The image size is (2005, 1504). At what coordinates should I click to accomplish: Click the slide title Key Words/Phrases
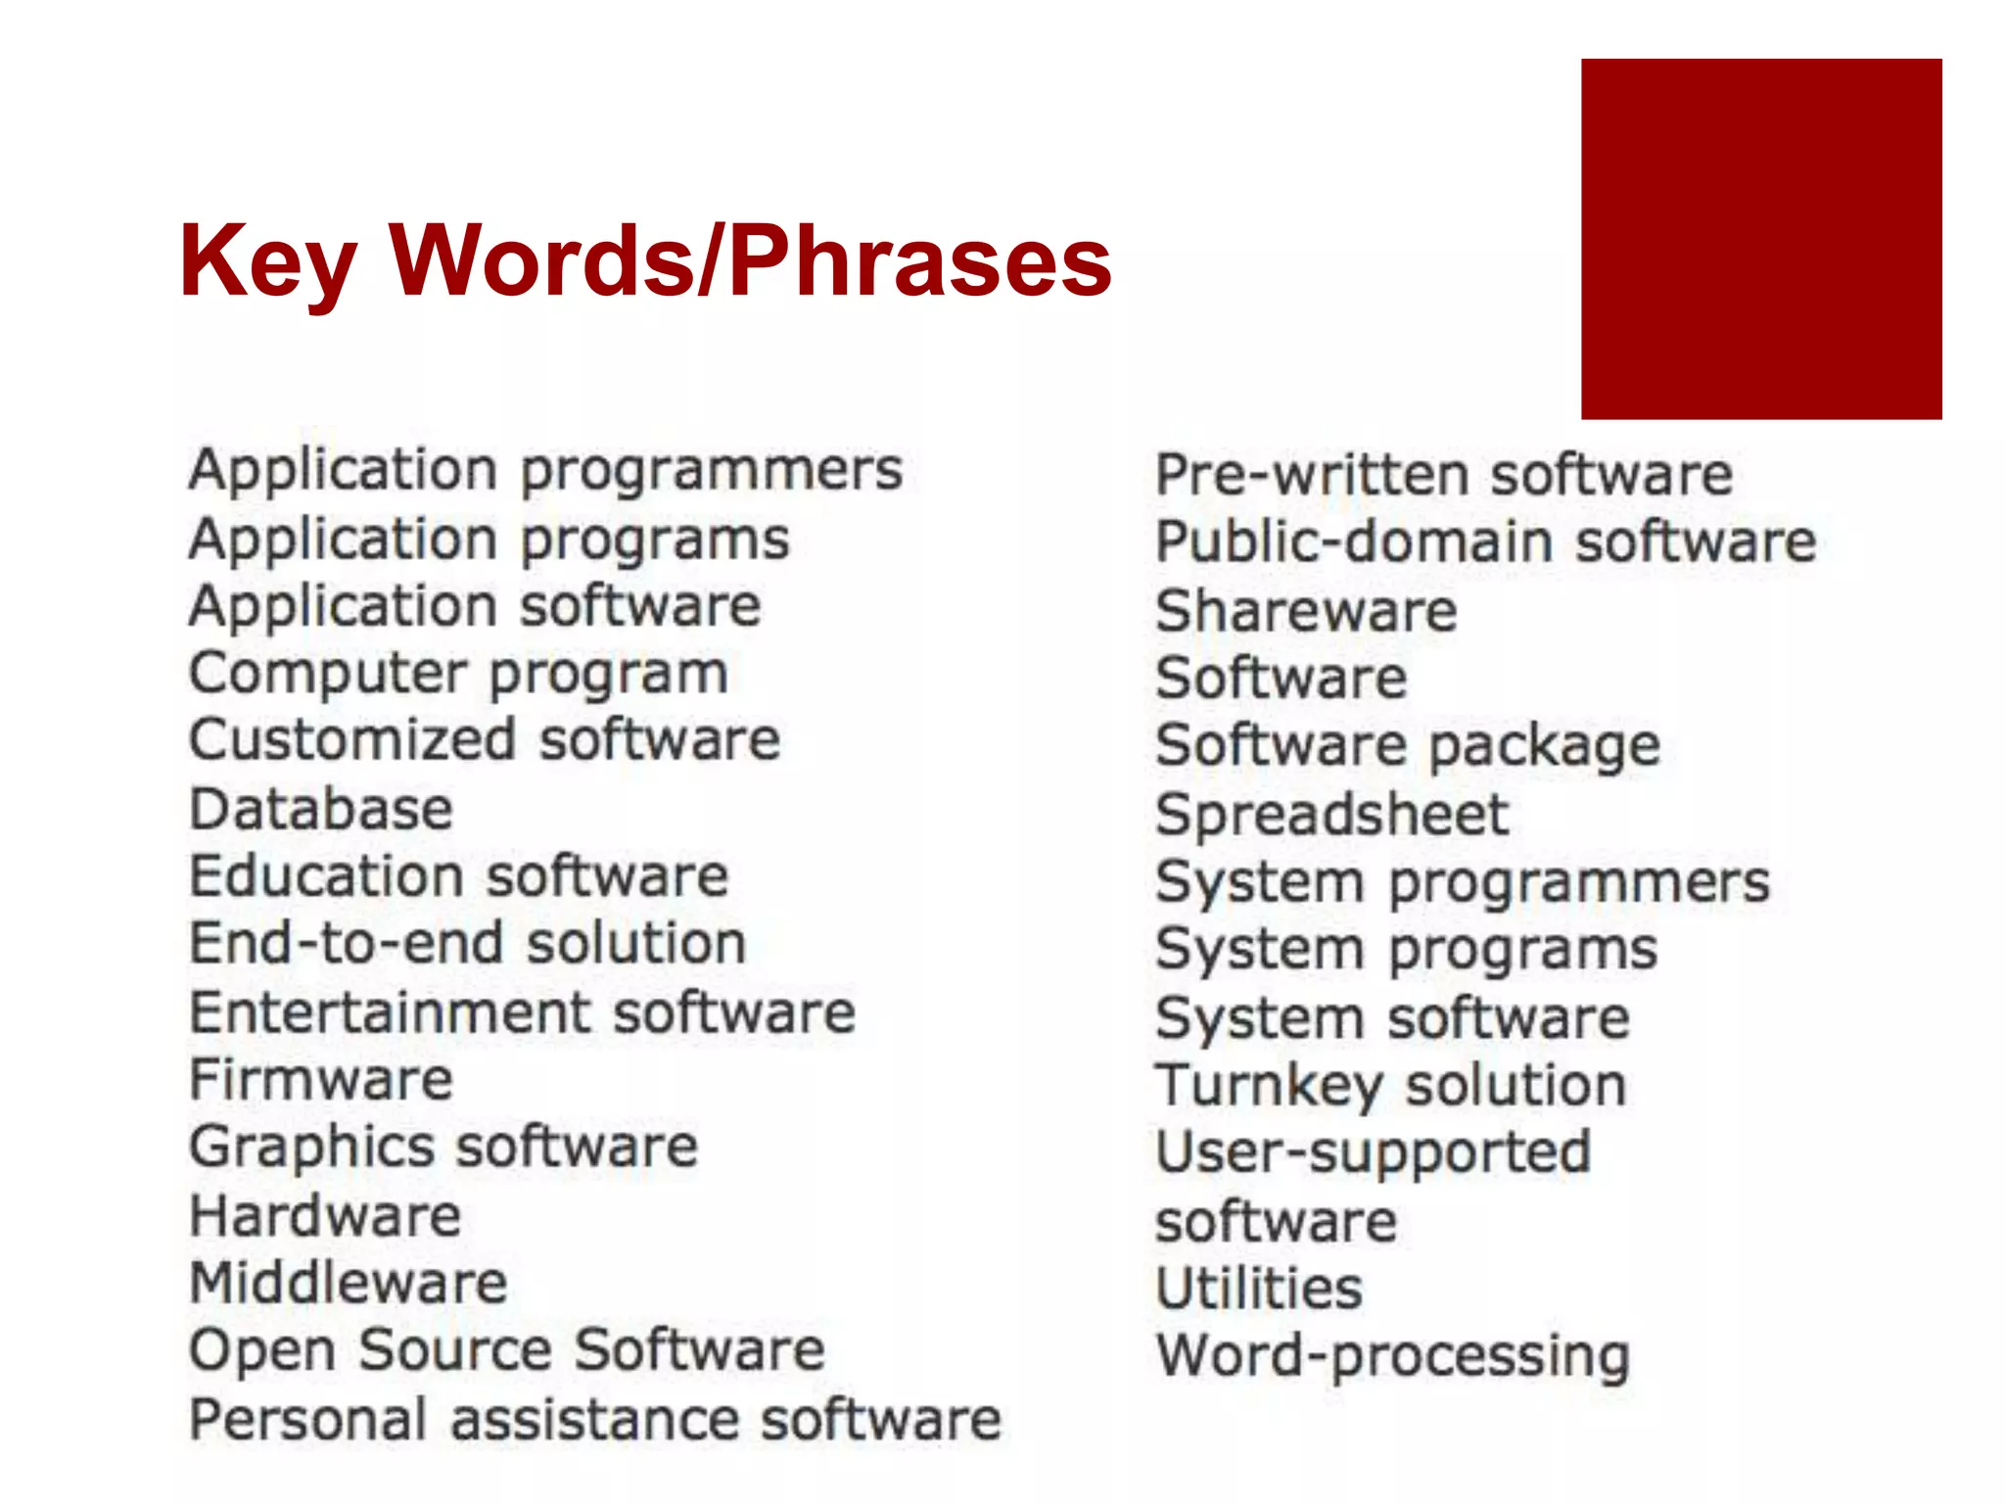[x=645, y=260]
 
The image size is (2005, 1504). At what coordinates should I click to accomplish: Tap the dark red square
[x=1760, y=239]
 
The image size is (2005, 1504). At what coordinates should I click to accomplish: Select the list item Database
[x=321, y=810]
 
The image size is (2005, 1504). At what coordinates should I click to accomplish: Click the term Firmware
[x=321, y=1080]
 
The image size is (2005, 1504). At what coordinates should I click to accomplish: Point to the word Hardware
[x=325, y=1216]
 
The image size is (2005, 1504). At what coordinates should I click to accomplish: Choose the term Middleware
[x=349, y=1284]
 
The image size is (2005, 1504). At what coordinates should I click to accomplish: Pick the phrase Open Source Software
[x=507, y=1351]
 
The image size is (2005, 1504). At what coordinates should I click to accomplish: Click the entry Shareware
[x=1306, y=611]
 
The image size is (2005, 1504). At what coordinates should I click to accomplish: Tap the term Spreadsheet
[x=1331, y=815]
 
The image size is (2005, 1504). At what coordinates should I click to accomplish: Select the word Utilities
[x=1259, y=1289]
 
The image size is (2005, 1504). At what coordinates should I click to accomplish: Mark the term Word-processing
[x=1392, y=1357]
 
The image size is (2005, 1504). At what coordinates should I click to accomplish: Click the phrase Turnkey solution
[x=1390, y=1086]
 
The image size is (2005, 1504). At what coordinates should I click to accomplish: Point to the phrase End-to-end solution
[x=468, y=944]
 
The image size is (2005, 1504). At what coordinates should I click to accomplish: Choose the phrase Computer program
[x=458, y=675]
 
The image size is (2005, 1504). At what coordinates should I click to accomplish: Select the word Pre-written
[x=1312, y=476]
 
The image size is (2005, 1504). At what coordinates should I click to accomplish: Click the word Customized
[x=352, y=740]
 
